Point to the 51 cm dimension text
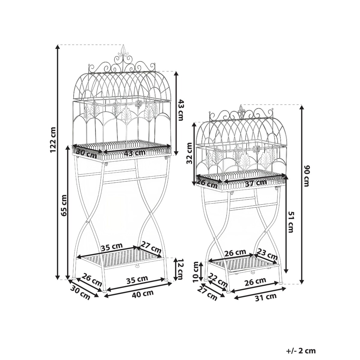(290, 222)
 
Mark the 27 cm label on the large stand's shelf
(151, 247)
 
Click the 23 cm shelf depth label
(267, 254)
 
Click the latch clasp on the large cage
(139, 104)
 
